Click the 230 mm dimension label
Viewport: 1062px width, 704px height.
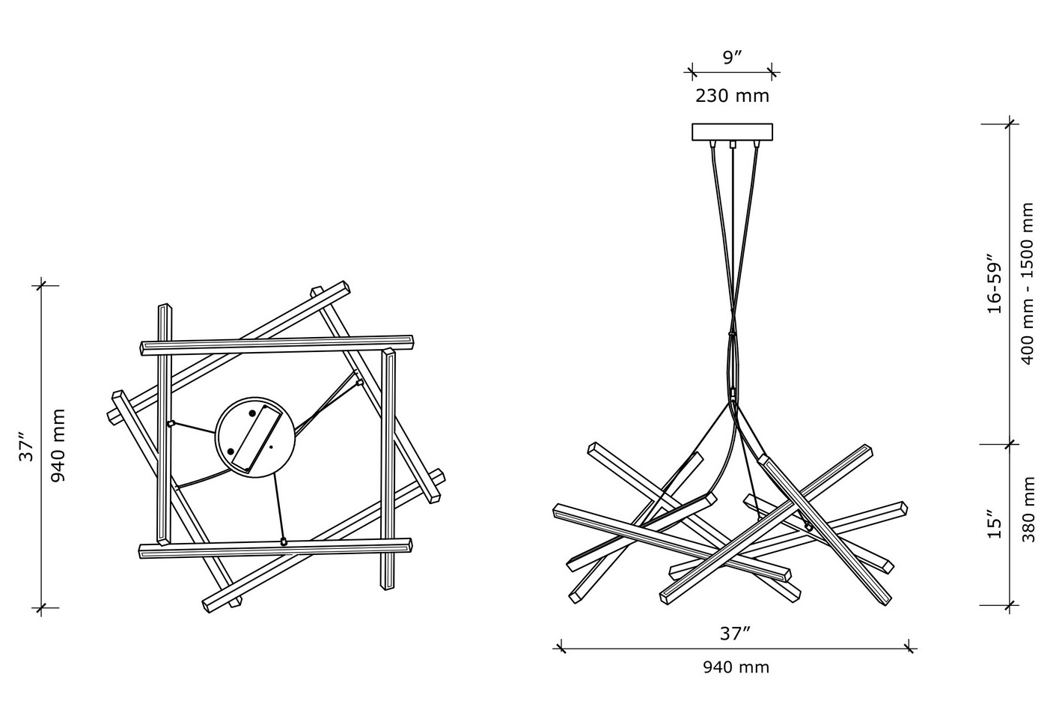tap(732, 96)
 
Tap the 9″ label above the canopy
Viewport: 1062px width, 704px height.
tap(732, 58)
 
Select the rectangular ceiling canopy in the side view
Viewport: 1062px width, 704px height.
tap(732, 132)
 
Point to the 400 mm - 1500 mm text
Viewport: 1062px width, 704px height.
tap(1027, 284)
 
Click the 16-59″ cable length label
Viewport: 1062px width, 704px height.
tap(995, 284)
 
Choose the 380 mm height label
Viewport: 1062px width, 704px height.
tap(1028, 509)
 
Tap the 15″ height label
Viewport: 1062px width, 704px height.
tap(995, 524)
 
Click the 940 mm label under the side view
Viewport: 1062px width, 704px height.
tap(736, 667)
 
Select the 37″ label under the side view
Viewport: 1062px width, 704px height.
tap(736, 634)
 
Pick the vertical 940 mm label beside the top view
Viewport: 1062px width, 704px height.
tap(58, 446)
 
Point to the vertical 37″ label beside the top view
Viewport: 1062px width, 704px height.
tap(26, 446)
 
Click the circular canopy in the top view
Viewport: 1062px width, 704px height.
tap(255, 437)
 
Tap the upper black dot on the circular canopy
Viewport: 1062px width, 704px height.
tap(252, 413)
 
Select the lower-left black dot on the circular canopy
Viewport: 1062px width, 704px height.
tap(231, 451)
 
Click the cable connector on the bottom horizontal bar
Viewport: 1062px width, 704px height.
tap(284, 541)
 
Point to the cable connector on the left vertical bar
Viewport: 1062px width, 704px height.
tap(171, 424)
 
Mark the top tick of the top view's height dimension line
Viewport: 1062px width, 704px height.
tap(40, 285)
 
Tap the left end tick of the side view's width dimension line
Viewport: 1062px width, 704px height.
tap(560, 648)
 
